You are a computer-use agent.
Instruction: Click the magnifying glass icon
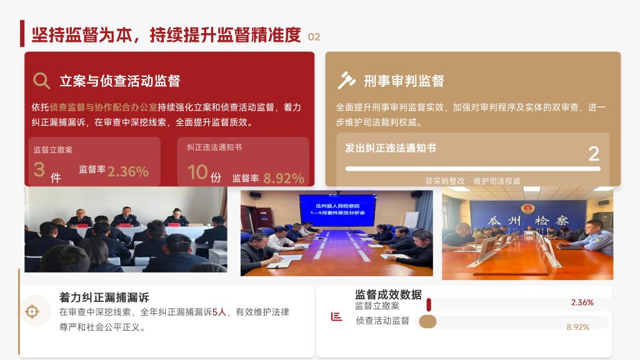pyautogui.click(x=41, y=81)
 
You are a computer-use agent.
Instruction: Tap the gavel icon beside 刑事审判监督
pyautogui.click(x=346, y=80)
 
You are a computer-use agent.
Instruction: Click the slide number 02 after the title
pyautogui.click(x=314, y=37)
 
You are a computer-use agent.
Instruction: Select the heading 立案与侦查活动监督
pyautogui.click(x=119, y=81)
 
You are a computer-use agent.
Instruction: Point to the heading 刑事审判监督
pyautogui.click(x=404, y=81)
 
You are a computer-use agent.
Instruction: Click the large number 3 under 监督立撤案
pyautogui.click(x=39, y=169)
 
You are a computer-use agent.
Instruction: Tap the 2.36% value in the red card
pyautogui.click(x=127, y=171)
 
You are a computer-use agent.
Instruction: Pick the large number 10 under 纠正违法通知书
pyautogui.click(x=197, y=172)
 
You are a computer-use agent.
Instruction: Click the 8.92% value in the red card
pyautogui.click(x=284, y=178)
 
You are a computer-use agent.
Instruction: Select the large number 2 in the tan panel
pyautogui.click(x=594, y=154)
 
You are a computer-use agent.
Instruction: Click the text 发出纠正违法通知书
pyautogui.click(x=391, y=147)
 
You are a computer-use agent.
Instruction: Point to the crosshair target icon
pyautogui.click(x=32, y=311)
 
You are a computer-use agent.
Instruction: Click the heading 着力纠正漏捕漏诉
pyautogui.click(x=104, y=297)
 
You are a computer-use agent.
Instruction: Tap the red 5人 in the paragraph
pyautogui.click(x=219, y=312)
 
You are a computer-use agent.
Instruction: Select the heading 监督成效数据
pyautogui.click(x=388, y=294)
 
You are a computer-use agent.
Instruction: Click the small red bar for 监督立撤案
pyautogui.click(x=429, y=305)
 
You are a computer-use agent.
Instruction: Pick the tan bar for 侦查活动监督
pyautogui.click(x=427, y=322)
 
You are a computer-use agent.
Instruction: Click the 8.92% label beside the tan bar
pyautogui.click(x=578, y=327)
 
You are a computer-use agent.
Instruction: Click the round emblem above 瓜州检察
pyautogui.click(x=527, y=209)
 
